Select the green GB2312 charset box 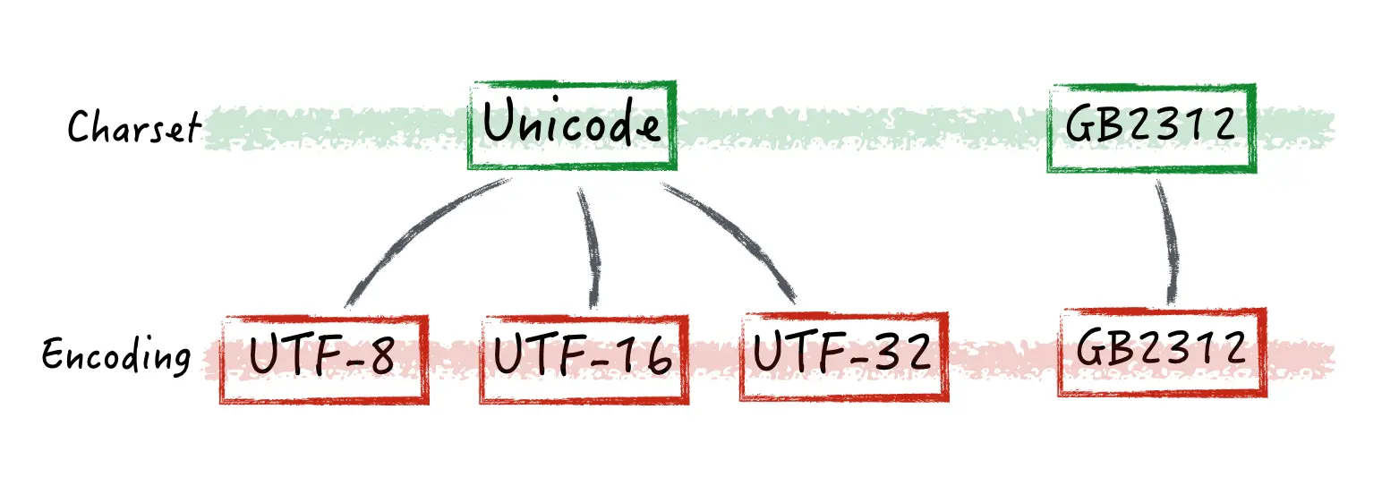pyautogui.click(x=1151, y=128)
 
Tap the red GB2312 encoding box pyautogui.click(x=1162, y=352)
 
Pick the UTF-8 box pyautogui.click(x=323, y=358)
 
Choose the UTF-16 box pyautogui.click(x=583, y=358)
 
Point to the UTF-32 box pyautogui.click(x=843, y=356)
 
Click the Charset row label pyautogui.click(x=134, y=127)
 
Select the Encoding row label pyautogui.click(x=116, y=356)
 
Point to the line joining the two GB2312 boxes pyautogui.click(x=1167, y=242)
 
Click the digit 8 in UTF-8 pyautogui.click(x=382, y=357)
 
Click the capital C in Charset pyautogui.click(x=81, y=127)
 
